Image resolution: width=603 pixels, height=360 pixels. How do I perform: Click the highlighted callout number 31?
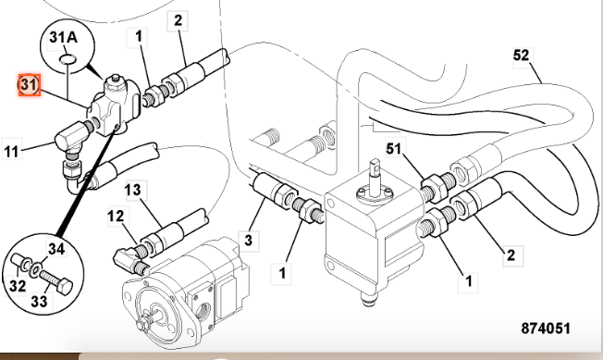pyautogui.click(x=30, y=85)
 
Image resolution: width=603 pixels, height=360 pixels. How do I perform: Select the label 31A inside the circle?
pyautogui.click(x=64, y=38)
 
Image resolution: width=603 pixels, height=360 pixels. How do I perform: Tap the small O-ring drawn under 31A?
pyautogui.click(x=68, y=59)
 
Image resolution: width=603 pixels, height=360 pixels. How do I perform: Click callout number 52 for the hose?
pyautogui.click(x=521, y=56)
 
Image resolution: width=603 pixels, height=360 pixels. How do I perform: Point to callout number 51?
pyautogui.click(x=393, y=148)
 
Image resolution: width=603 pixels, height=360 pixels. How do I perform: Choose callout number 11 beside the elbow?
pyautogui.click(x=11, y=152)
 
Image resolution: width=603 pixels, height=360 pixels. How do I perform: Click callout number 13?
pyautogui.click(x=133, y=190)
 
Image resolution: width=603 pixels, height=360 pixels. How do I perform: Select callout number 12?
pyautogui.click(x=116, y=217)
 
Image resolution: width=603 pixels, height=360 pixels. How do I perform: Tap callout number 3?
pyautogui.click(x=249, y=241)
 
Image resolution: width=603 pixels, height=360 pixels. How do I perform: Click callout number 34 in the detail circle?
pyautogui.click(x=56, y=249)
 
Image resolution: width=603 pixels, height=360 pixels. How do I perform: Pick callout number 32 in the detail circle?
pyautogui.click(x=18, y=286)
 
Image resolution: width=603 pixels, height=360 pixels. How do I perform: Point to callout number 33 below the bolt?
pyautogui.click(x=39, y=301)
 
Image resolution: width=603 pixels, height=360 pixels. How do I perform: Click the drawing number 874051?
pyautogui.click(x=546, y=329)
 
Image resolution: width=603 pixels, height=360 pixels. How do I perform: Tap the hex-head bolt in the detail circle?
pyautogui.click(x=56, y=281)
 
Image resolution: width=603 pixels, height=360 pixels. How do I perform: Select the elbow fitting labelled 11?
pyautogui.click(x=71, y=135)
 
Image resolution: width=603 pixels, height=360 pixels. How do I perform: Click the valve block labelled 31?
pyautogui.click(x=113, y=106)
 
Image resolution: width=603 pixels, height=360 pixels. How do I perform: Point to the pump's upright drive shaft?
pyautogui.click(x=374, y=176)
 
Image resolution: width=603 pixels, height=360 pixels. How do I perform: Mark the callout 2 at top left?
pyautogui.click(x=178, y=20)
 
